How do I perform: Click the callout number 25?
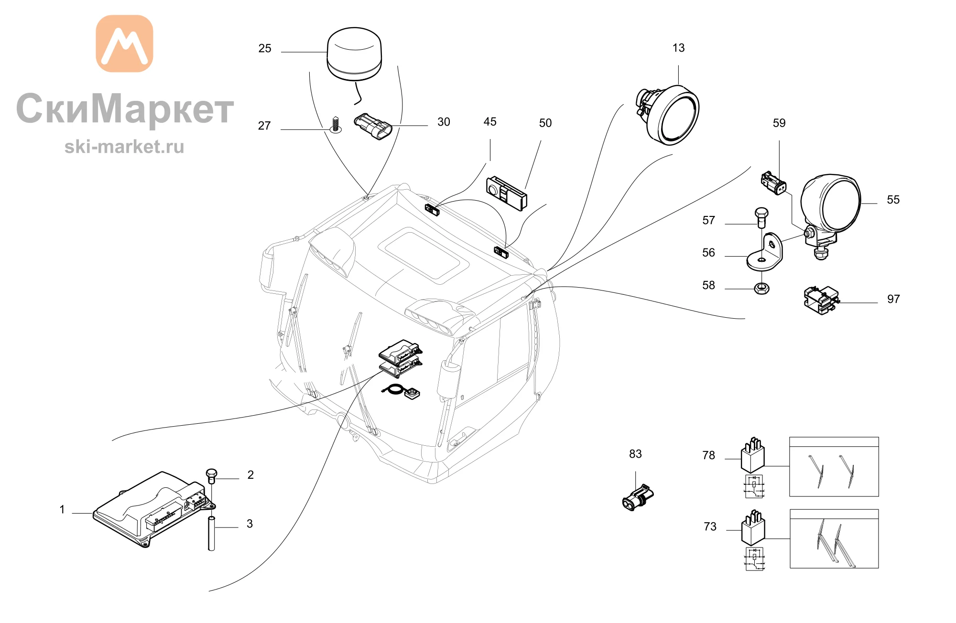coord(265,49)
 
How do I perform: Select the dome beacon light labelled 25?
coord(354,54)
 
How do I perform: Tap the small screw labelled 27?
coord(336,125)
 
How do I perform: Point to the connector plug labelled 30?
coord(373,126)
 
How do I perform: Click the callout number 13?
coord(678,48)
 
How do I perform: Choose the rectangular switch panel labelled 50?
coord(507,193)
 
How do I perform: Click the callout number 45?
coord(490,122)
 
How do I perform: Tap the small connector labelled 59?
coord(774,183)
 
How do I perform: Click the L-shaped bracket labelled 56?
coord(765,252)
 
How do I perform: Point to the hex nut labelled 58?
coord(761,288)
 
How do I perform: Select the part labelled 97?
coord(821,300)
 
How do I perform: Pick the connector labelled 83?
coord(638,498)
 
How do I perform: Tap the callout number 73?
coord(710,527)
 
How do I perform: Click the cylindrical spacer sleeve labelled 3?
coord(211,533)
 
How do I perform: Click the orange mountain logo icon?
coord(124,43)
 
